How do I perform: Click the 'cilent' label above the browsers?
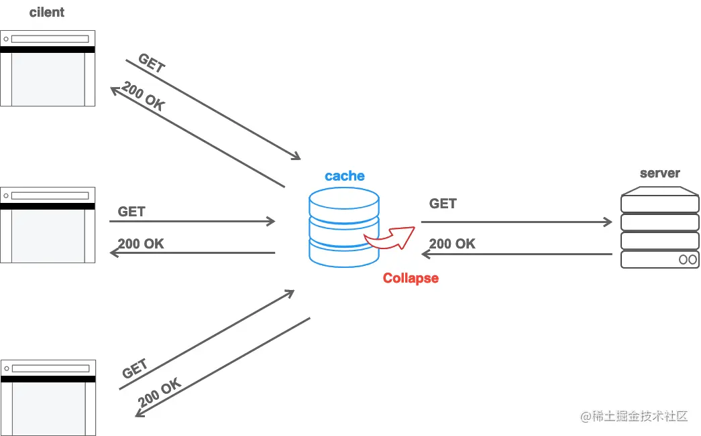[47, 12]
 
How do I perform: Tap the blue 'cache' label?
[345, 176]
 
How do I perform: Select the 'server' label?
[659, 173]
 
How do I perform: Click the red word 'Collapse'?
[411, 278]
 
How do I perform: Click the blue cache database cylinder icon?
[344, 228]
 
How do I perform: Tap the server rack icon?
[659, 228]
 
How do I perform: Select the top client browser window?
[48, 68]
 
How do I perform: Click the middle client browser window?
[48, 225]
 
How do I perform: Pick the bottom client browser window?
[48, 398]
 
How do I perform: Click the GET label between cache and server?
[443, 204]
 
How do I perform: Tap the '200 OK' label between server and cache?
[452, 244]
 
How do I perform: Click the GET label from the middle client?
[131, 212]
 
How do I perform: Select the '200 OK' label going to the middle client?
[141, 244]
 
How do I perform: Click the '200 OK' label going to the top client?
[143, 97]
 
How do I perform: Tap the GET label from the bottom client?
[135, 369]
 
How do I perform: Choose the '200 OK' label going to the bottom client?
[160, 393]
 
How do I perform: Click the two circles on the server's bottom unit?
[688, 259]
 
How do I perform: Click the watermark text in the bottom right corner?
[634, 416]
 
